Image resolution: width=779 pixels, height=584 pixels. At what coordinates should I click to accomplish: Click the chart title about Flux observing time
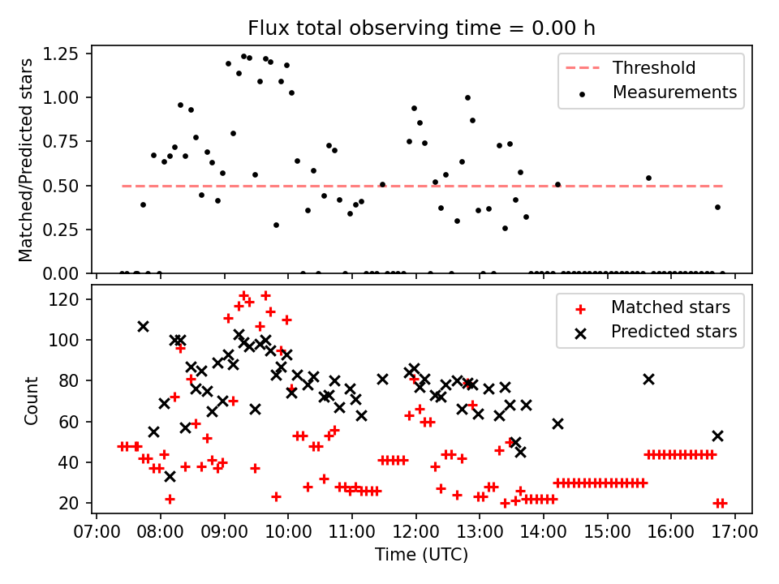click(x=421, y=28)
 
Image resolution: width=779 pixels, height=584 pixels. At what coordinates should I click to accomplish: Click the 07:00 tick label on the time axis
click(x=97, y=533)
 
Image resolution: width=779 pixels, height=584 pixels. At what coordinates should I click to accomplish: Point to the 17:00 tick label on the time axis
click(x=735, y=533)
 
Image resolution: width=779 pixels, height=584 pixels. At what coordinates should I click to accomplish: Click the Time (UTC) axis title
click(x=421, y=555)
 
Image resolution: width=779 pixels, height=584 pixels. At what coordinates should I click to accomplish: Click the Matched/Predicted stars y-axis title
click(x=26, y=160)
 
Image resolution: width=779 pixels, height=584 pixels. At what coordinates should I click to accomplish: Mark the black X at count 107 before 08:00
click(x=143, y=326)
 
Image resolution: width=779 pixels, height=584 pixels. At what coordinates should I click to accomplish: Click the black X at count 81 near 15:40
click(x=648, y=379)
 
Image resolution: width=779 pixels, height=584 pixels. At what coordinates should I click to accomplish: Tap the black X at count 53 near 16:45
click(x=717, y=436)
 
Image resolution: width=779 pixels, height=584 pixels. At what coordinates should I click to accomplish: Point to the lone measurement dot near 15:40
click(x=648, y=178)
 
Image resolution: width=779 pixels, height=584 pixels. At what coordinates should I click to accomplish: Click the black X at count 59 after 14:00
click(x=557, y=423)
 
